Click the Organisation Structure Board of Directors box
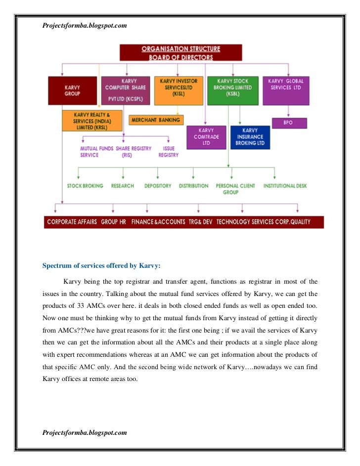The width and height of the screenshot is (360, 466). [180, 53]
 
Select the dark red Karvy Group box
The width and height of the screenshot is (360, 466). [72, 90]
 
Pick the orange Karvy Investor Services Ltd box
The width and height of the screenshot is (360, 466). [179, 90]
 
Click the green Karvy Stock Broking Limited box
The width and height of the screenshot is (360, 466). [232, 90]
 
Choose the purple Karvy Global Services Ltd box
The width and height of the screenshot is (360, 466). [286, 90]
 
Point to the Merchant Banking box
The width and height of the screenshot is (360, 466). [155, 120]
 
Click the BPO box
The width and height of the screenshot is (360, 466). [289, 123]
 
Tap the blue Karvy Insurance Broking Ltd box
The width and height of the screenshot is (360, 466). [250, 137]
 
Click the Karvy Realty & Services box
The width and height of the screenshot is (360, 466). [91, 121]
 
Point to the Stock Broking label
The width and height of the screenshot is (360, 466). [85, 186]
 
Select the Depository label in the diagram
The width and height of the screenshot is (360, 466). [158, 186]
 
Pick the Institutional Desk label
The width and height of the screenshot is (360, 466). [285, 186]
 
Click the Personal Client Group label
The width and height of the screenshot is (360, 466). [235, 189]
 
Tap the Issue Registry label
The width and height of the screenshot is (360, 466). [169, 152]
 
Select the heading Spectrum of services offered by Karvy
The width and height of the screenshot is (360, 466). [101, 265]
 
